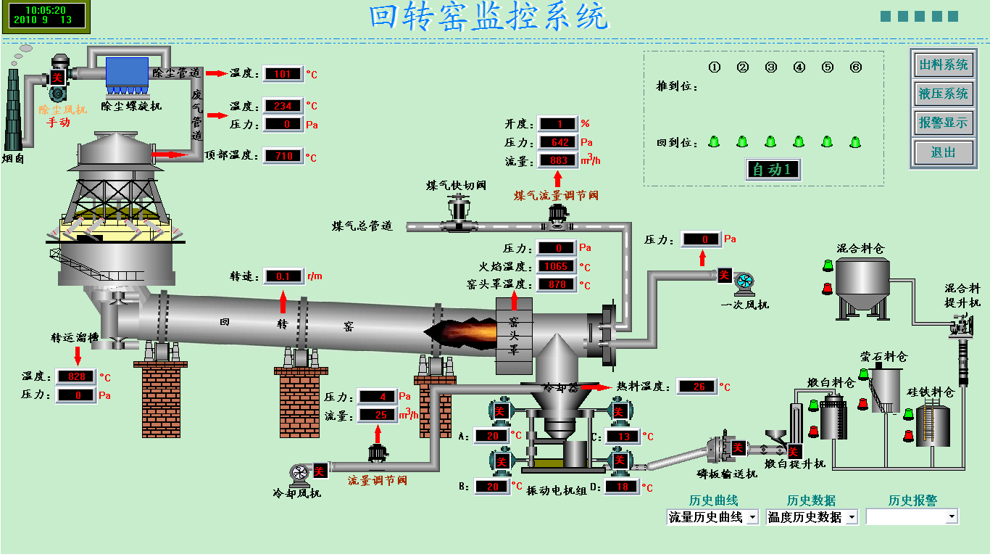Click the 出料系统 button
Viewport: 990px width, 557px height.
click(943, 65)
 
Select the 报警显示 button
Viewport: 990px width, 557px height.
click(943, 123)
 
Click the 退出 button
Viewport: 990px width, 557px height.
click(943, 152)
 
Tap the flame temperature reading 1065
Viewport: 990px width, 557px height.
click(557, 266)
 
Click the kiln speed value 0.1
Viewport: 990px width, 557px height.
click(283, 276)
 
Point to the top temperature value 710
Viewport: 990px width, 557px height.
click(283, 155)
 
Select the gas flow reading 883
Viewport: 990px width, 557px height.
click(557, 160)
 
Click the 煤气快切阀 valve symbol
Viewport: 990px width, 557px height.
click(457, 215)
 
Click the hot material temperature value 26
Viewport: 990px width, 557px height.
click(698, 387)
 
